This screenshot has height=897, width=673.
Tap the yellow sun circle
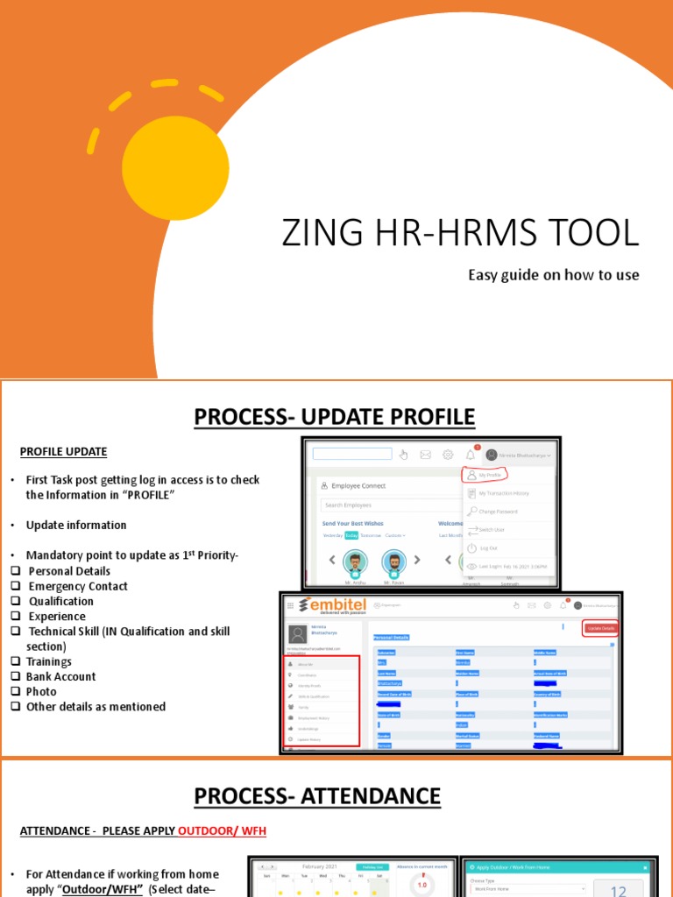(175, 166)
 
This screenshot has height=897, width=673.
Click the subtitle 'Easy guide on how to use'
(553, 275)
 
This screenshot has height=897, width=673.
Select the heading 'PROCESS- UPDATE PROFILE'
(335, 417)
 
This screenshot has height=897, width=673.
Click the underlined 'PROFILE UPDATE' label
(63, 452)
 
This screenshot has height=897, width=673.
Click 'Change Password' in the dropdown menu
(497, 512)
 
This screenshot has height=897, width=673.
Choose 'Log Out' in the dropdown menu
(488, 547)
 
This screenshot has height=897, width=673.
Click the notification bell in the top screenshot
(471, 455)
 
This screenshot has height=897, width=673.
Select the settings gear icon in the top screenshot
(448, 455)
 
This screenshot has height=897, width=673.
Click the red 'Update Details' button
(600, 628)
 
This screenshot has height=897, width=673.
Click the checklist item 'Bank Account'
(61, 676)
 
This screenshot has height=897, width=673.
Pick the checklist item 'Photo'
(42, 691)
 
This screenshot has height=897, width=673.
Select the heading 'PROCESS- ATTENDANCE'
(317, 796)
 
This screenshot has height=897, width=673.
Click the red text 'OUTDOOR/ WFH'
(222, 830)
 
